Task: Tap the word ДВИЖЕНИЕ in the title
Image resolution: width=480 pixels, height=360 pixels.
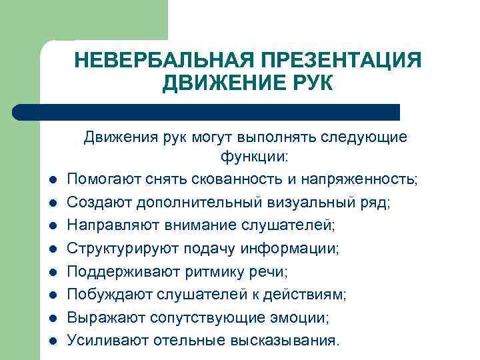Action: click(x=217, y=85)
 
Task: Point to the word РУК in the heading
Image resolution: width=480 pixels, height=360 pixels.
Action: click(x=305, y=85)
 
